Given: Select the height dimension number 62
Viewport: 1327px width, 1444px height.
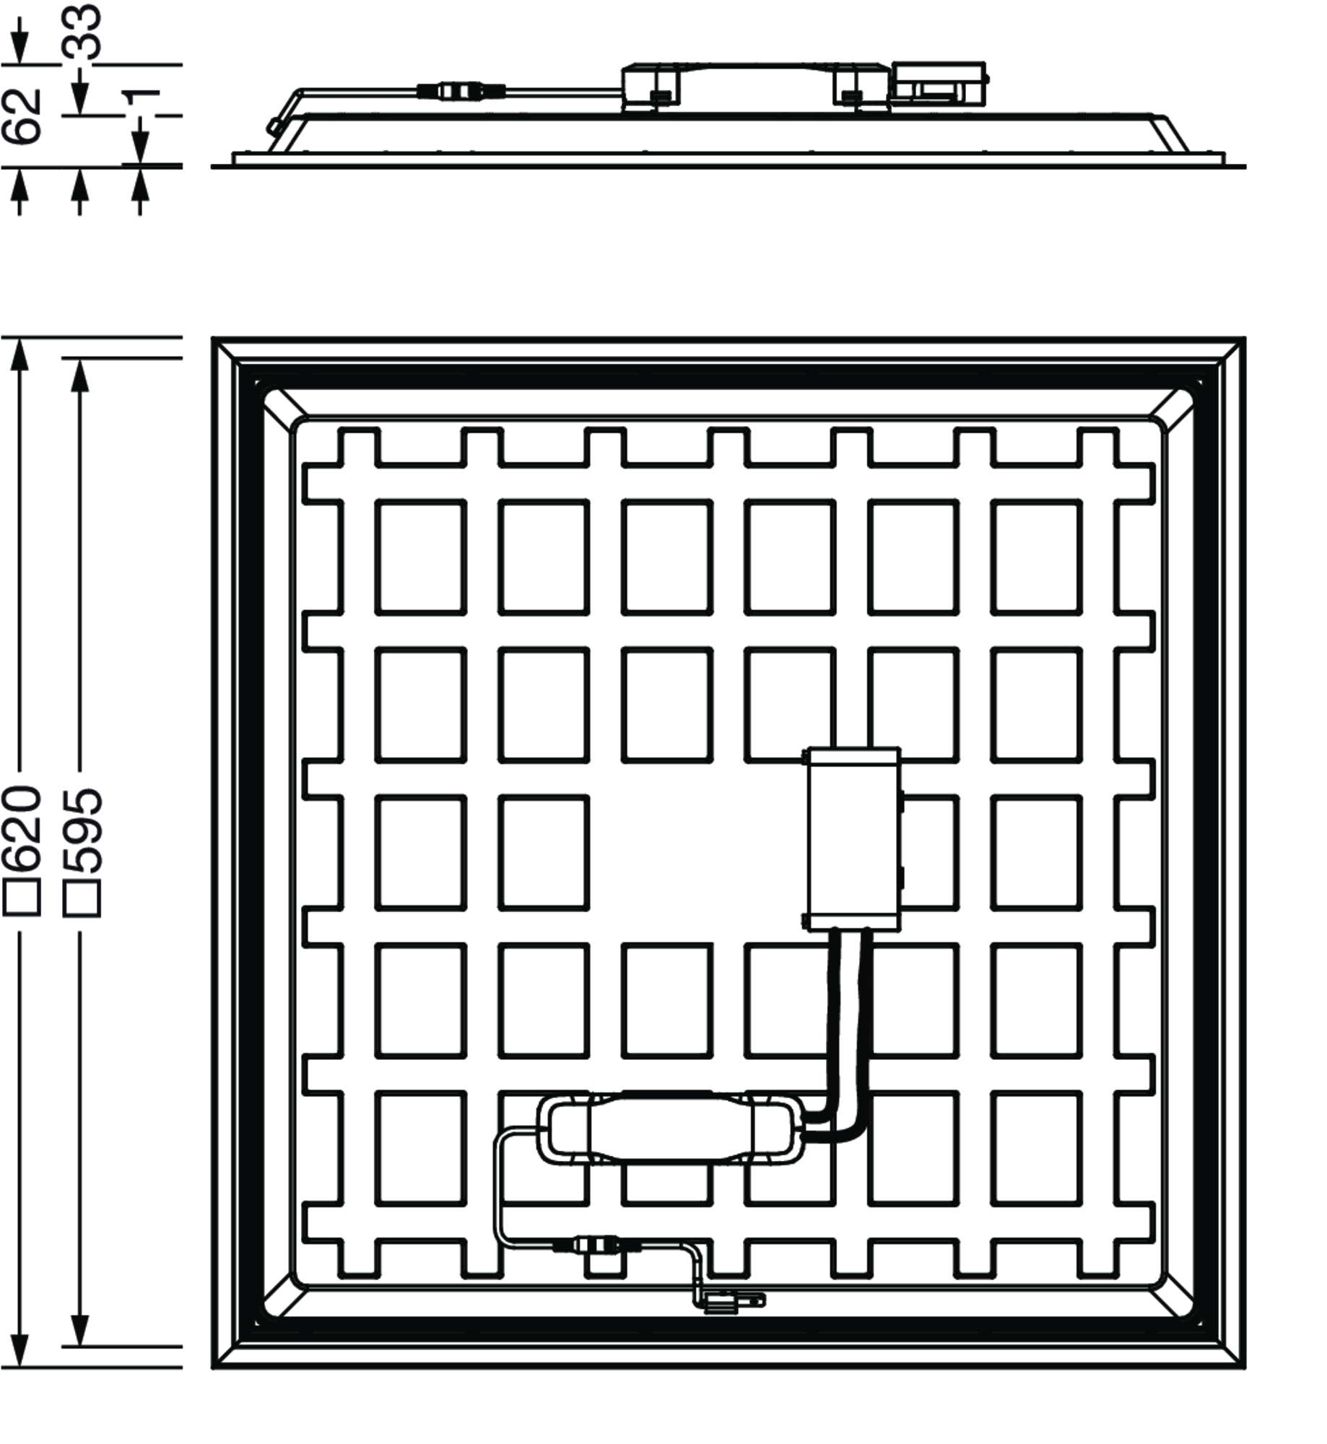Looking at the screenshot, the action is [x=22, y=116].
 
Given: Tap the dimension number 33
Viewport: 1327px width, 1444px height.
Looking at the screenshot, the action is [x=82, y=32].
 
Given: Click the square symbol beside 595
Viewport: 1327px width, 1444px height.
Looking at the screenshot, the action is [x=82, y=898].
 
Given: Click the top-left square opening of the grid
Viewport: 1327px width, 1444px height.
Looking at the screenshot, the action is [x=420, y=557].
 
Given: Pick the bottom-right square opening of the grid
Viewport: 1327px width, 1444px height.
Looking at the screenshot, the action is [x=1037, y=1148].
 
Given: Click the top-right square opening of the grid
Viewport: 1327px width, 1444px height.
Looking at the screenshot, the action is [x=1037, y=557].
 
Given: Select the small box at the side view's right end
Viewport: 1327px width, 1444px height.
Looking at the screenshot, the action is [x=938, y=84].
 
